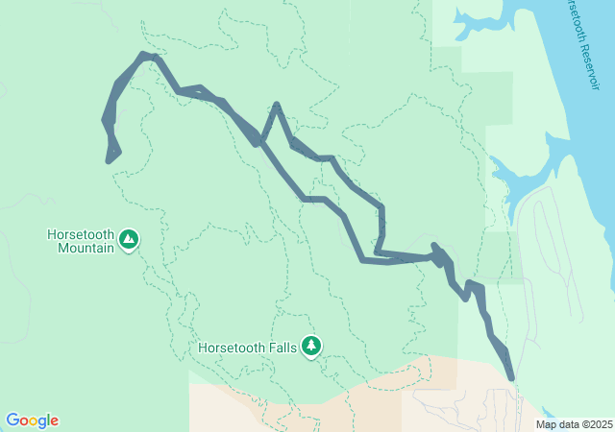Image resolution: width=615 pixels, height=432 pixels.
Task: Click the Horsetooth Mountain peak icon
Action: pos(129,238)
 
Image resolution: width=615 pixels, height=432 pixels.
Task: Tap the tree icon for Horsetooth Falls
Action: pos(310,345)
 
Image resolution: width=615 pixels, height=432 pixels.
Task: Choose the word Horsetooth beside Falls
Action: pos(231,348)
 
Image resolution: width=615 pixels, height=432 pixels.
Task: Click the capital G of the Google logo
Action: pos(12,420)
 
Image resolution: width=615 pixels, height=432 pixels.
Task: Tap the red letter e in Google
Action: pos(54,421)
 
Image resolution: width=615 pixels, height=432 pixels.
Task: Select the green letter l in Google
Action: pos(48,420)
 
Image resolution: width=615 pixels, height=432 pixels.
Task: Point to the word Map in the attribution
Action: pos(546,424)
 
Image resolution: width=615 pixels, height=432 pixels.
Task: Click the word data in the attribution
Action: pos(567,424)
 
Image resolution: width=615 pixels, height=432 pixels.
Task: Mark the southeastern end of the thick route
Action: pos(511,379)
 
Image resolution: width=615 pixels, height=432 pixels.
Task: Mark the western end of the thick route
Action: pos(109,159)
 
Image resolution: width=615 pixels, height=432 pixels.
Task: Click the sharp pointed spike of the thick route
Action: pos(277,105)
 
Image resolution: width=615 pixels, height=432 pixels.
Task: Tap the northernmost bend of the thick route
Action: pos(146,56)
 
